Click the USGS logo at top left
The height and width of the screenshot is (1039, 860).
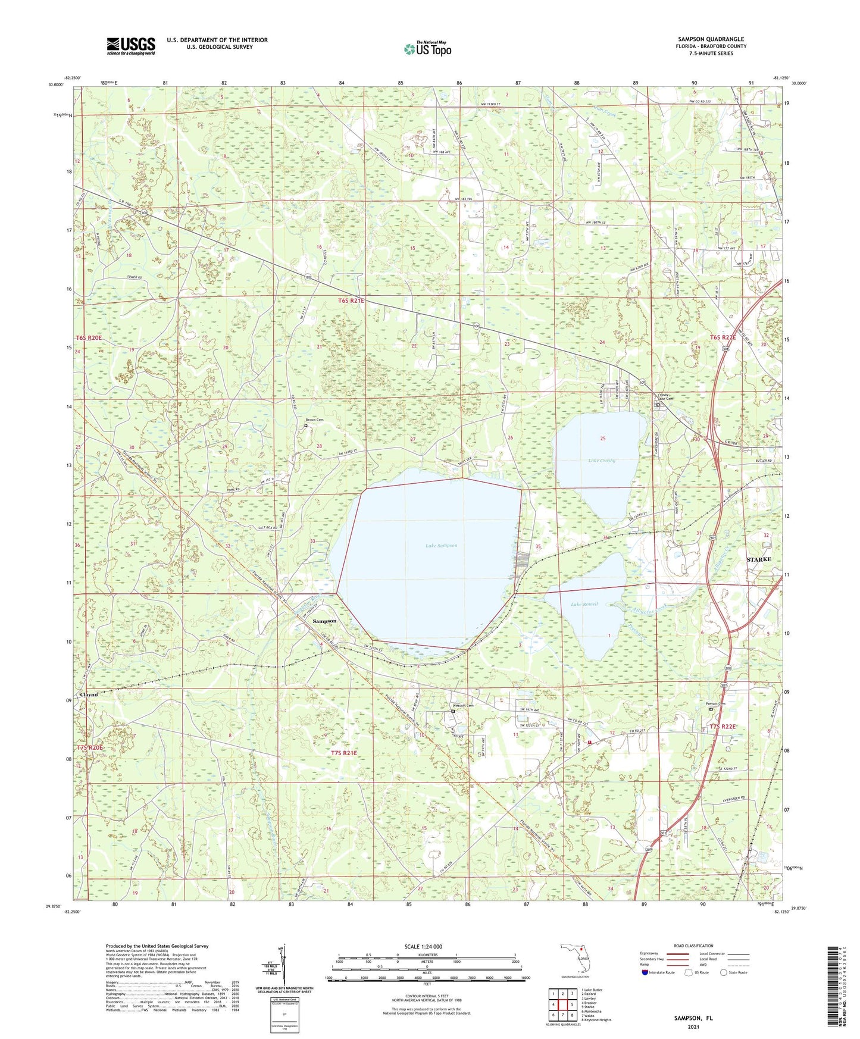click(x=130, y=46)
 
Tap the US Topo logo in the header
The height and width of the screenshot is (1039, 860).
click(x=427, y=49)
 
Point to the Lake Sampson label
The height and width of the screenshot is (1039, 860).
click(x=441, y=545)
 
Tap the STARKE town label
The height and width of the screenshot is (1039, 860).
click(x=759, y=559)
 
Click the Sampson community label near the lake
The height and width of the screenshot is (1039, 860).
click(x=324, y=621)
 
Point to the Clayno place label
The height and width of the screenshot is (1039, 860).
click(x=89, y=694)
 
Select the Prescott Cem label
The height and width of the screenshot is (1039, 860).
click(x=463, y=706)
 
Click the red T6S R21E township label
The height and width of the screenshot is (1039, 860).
click(x=351, y=301)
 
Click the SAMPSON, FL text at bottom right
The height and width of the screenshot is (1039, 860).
click(x=693, y=1018)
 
